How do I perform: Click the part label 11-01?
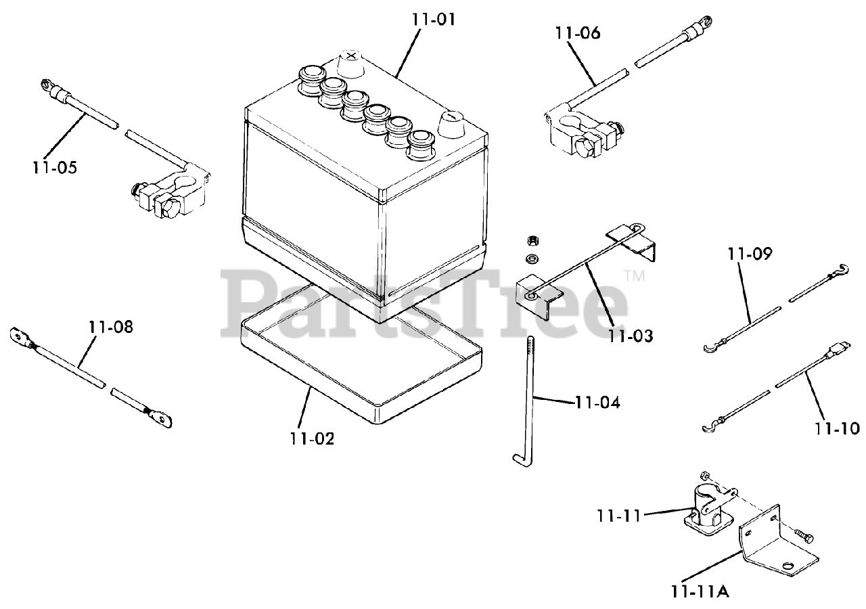click(434, 19)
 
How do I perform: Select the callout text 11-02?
click(312, 438)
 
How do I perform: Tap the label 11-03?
click(631, 335)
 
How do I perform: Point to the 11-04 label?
click(597, 403)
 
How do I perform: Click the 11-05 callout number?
click(53, 167)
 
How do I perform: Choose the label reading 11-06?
click(577, 32)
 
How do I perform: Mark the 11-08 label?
click(111, 328)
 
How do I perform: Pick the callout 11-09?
click(750, 254)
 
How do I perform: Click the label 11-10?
click(837, 428)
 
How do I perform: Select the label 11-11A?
click(700, 591)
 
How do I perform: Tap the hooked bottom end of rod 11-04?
click(516, 459)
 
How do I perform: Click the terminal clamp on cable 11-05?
click(169, 192)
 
